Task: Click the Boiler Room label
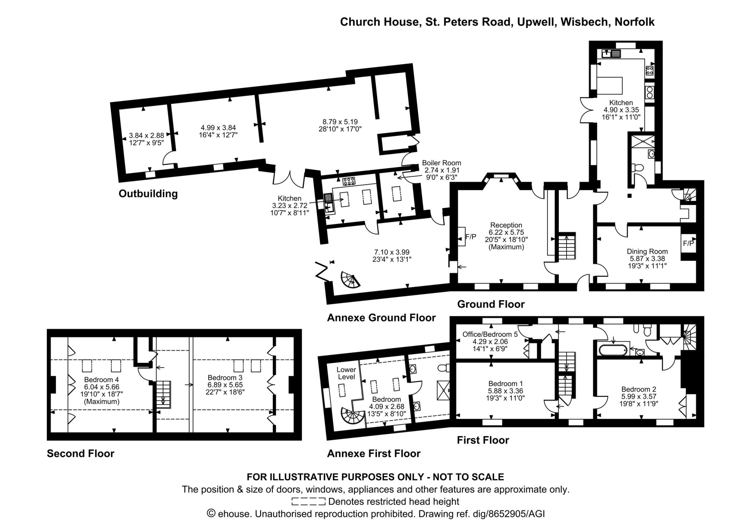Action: point(441,163)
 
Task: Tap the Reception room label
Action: point(506,225)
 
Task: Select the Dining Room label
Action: point(647,251)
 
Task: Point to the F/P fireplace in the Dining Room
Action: point(688,243)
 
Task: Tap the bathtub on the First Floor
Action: point(613,350)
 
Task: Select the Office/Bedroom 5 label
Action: point(490,334)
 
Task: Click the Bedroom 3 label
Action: point(225,378)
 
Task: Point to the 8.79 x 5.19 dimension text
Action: point(340,122)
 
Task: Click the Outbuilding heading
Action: point(148,194)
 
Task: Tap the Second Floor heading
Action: point(80,454)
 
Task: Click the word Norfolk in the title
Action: point(634,22)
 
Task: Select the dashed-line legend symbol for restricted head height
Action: point(308,501)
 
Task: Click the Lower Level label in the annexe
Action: point(346,373)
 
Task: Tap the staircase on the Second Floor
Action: point(164,394)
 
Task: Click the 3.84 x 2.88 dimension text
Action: point(146,136)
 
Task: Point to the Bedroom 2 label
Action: point(638,389)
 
